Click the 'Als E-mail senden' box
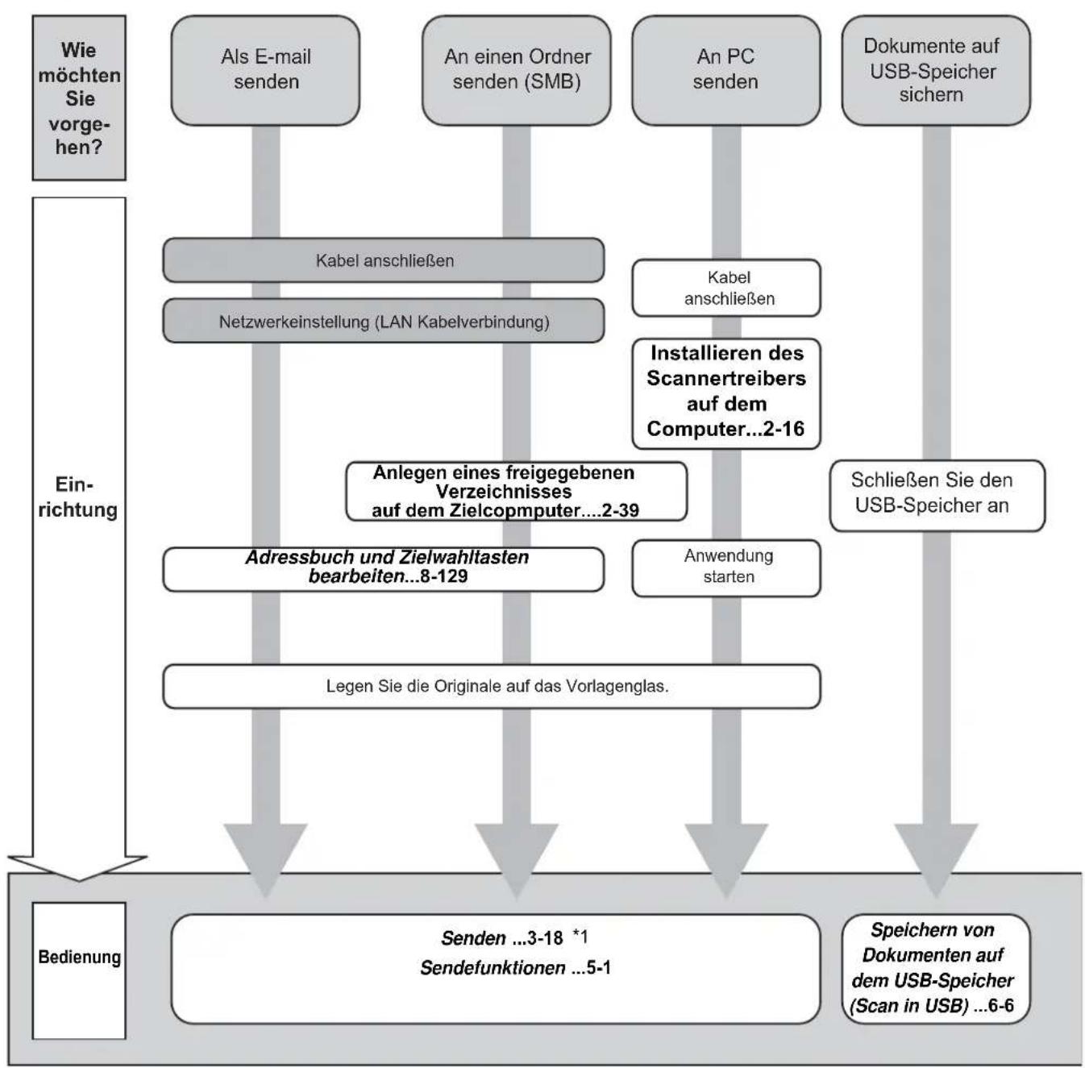pos(265,70)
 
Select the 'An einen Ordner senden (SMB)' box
pos(517,70)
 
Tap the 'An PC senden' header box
pos(725,70)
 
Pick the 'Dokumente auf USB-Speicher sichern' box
pos(936,70)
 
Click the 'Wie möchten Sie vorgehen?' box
pos(79,98)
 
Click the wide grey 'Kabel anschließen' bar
pos(384,260)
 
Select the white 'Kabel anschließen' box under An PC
pos(725,288)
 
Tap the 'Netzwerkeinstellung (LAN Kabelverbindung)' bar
pos(384,321)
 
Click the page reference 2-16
pos(784,430)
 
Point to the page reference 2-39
pos(621,510)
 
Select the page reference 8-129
pos(444,576)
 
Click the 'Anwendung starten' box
pos(725,568)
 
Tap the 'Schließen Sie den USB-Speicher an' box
pos(937,496)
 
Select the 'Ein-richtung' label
pos(78,497)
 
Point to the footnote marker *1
pos(580,936)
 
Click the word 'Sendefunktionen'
pos(493,968)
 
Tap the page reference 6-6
pos(1001,1005)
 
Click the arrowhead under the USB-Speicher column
pos(936,859)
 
